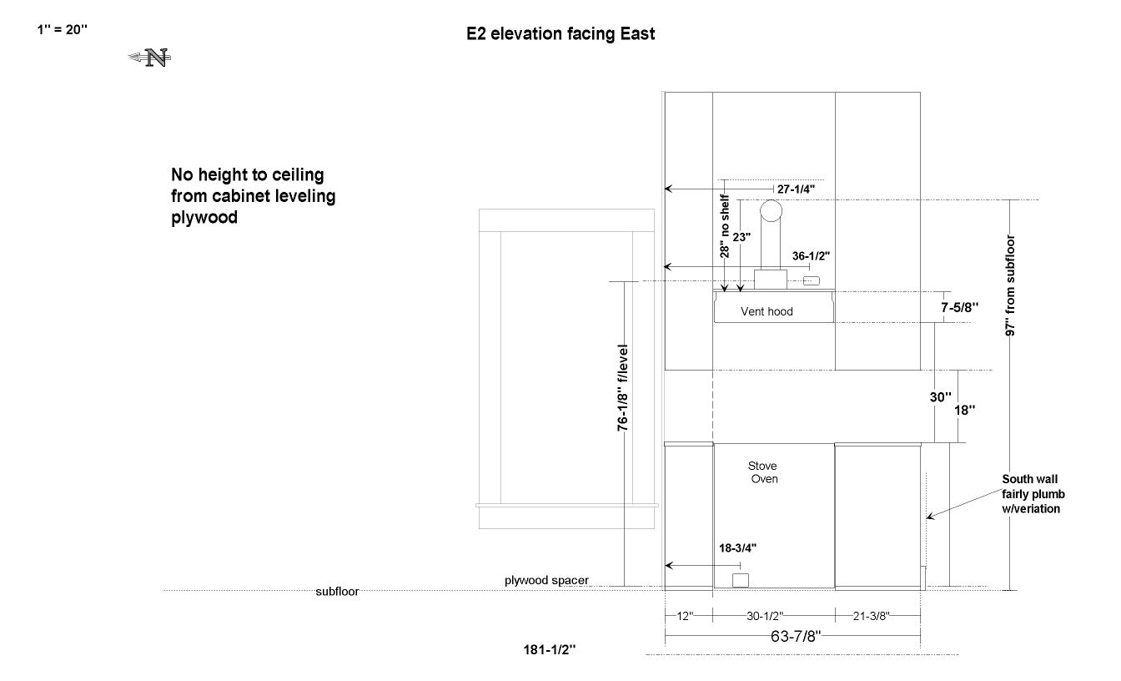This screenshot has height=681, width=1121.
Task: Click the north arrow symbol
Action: click(149, 58)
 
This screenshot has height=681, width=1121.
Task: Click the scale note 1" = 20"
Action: click(62, 30)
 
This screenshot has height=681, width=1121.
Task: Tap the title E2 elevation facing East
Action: click(560, 34)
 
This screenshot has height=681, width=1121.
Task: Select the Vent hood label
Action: click(767, 311)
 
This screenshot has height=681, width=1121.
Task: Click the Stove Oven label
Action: click(763, 472)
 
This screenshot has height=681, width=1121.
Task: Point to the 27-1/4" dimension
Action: click(796, 189)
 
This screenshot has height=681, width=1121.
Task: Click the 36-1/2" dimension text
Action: click(811, 256)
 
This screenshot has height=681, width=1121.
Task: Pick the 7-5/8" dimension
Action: click(959, 307)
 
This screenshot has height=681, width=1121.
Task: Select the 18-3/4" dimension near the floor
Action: click(737, 548)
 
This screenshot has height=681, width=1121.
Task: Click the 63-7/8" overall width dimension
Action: click(796, 637)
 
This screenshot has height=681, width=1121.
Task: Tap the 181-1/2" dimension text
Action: click(550, 650)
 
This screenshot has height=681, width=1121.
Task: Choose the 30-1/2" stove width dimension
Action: click(765, 617)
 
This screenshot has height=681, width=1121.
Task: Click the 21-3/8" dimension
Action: click(872, 617)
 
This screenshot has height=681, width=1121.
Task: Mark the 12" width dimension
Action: click(685, 617)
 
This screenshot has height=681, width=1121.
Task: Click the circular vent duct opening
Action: click(771, 211)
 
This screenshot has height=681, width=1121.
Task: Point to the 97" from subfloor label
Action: click(1010, 285)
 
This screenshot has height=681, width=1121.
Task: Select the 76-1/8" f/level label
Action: click(622, 387)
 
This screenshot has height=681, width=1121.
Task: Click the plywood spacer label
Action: click(546, 580)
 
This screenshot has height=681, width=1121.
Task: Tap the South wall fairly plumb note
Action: click(1033, 494)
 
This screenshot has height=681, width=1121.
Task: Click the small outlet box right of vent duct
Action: click(812, 281)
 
